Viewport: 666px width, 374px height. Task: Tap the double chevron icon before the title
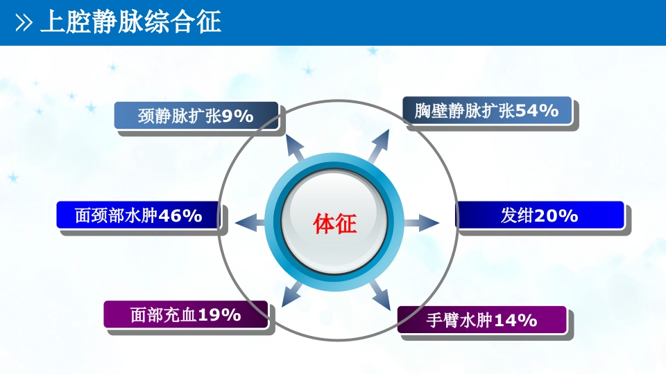(24, 24)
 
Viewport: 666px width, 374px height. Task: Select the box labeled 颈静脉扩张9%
(196, 116)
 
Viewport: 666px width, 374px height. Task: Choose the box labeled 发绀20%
(540, 215)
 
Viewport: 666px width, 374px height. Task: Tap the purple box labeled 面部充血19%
(186, 315)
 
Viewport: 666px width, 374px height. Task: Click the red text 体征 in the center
(334, 224)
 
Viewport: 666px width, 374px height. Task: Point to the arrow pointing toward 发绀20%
(422, 223)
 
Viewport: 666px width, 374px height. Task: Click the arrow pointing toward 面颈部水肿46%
(250, 223)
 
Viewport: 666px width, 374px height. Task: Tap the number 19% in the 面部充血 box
(219, 315)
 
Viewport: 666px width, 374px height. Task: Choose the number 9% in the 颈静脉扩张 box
(238, 116)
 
